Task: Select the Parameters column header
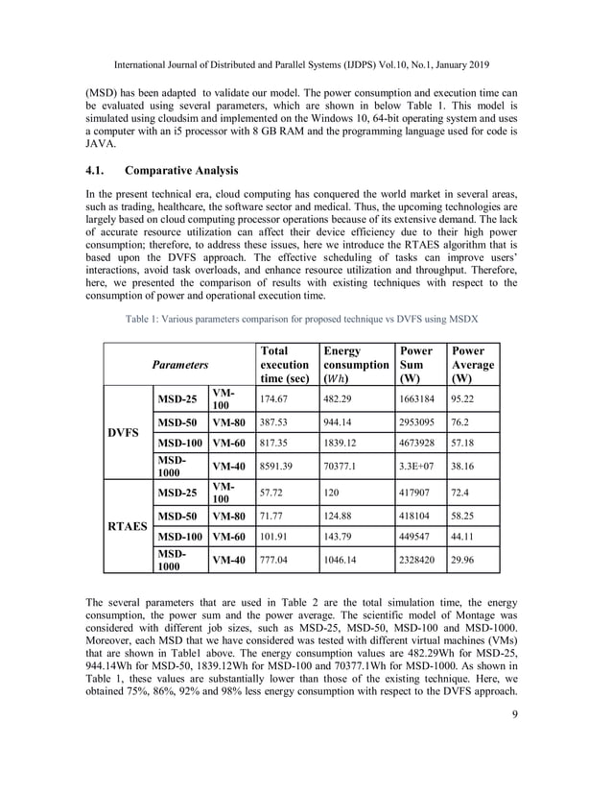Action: coord(182,365)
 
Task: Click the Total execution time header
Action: coord(284,365)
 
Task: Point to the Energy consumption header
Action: coord(355,365)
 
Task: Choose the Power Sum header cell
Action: coord(415,365)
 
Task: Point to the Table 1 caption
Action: coord(305,320)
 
